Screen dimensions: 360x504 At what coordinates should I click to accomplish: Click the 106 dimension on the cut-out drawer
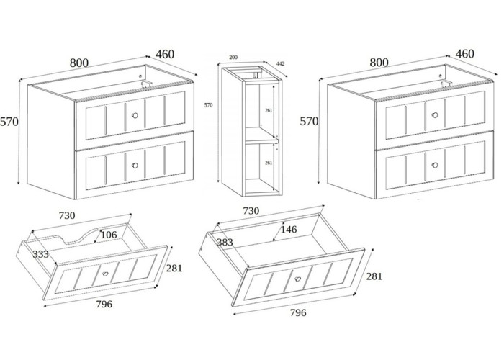pos(108,234)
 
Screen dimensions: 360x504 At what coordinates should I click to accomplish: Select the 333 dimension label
pos(40,253)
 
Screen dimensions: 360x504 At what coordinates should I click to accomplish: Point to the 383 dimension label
pos(224,243)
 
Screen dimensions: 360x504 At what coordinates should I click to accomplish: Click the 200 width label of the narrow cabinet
pos(233,57)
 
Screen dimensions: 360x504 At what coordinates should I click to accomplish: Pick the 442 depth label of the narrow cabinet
pos(280,64)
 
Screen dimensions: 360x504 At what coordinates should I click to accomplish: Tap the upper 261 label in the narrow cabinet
pos(267,110)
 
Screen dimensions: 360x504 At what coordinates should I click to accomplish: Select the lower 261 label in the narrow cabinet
pos(267,163)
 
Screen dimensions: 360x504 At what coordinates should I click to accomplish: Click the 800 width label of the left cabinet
pos(79,63)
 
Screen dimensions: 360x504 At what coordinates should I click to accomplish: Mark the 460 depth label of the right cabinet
pos(464,54)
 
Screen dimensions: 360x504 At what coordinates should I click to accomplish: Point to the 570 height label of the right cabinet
pos(309,122)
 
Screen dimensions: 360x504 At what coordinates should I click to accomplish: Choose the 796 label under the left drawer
pos(104,304)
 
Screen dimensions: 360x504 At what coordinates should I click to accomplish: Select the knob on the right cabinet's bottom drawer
pos(435,165)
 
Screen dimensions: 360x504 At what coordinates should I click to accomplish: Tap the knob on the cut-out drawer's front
pos(105,274)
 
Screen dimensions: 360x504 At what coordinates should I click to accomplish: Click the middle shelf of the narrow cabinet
pos(259,138)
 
